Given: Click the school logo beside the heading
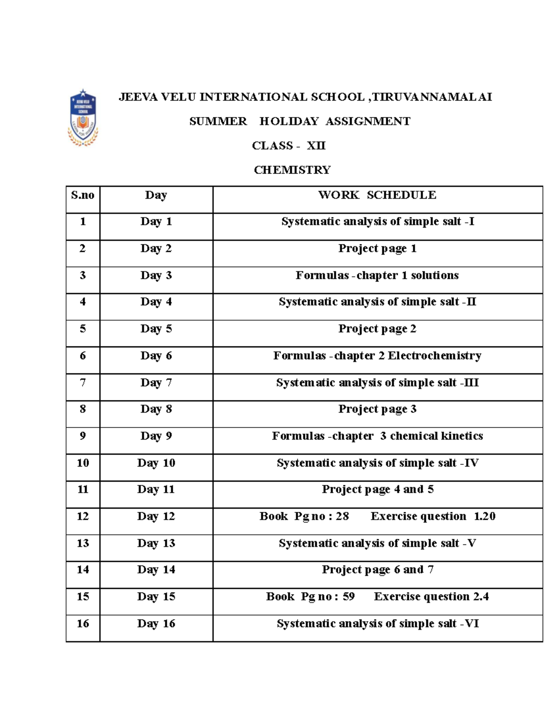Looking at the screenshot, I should click(x=83, y=117).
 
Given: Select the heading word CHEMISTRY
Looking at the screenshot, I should click(x=292, y=170).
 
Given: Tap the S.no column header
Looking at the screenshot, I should click(x=82, y=195).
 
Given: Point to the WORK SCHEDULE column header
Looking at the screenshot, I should click(x=377, y=195).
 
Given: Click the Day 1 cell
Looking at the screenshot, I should click(x=156, y=221).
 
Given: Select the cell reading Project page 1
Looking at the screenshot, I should click(x=377, y=248).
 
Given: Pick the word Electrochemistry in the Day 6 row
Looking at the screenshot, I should click(x=434, y=356).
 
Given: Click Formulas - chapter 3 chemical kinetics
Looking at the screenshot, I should click(x=377, y=436).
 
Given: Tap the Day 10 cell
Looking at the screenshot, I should click(x=156, y=463).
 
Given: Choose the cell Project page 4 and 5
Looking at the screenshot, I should click(x=377, y=490).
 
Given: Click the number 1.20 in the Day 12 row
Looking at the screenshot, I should click(x=484, y=516).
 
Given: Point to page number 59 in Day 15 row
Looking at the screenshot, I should click(x=348, y=597).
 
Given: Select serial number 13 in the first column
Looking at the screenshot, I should click(x=82, y=543).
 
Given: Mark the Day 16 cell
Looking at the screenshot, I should click(x=156, y=624).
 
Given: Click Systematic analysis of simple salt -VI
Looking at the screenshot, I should click(x=377, y=624).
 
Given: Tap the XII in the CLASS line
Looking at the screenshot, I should click(x=316, y=145).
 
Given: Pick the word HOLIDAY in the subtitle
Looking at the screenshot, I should click(x=289, y=121).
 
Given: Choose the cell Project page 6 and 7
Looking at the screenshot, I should click(x=377, y=570).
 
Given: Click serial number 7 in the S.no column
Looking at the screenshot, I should click(x=82, y=383).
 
